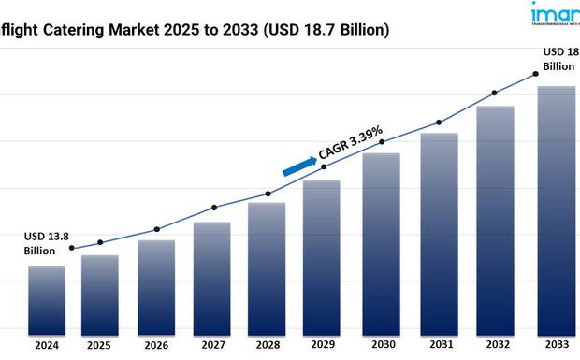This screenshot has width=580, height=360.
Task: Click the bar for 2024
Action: (x=47, y=299)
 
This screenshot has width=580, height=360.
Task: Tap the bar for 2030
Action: (x=381, y=242)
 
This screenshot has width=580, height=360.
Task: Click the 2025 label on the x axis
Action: (x=100, y=344)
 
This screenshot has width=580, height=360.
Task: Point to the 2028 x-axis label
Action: (x=268, y=344)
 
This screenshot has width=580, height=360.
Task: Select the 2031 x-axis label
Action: (x=439, y=344)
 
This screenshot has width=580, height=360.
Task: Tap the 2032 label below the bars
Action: (x=495, y=344)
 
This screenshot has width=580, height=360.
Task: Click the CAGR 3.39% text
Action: (x=346, y=145)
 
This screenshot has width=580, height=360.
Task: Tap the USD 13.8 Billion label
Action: (x=44, y=243)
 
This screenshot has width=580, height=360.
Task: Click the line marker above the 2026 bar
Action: (x=156, y=229)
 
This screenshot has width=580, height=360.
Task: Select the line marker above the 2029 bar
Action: (x=325, y=166)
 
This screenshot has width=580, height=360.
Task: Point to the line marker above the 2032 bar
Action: (x=495, y=93)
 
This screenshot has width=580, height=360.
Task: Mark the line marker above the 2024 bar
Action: (x=72, y=248)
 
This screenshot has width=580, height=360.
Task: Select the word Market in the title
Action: (x=136, y=31)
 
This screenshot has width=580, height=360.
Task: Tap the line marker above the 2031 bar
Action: (x=439, y=122)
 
